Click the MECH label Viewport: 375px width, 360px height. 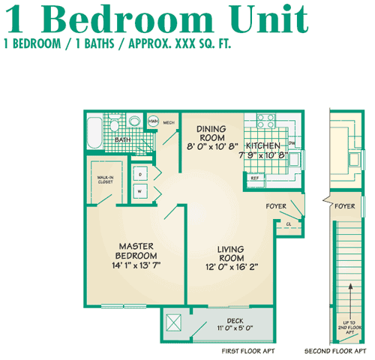[169, 121]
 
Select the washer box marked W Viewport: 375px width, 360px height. [140, 190]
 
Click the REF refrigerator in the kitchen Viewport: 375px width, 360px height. [255, 178]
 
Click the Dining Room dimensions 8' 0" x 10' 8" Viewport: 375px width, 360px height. [212, 145]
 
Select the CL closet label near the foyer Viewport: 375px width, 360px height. [289, 223]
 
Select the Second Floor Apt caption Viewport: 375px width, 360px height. [337, 350]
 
